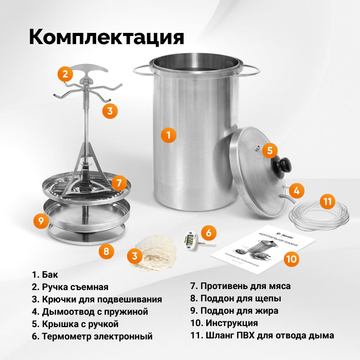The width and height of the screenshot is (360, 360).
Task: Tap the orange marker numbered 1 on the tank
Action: pyautogui.click(x=168, y=135)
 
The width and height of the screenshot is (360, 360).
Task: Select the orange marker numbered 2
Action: pyautogui.click(x=64, y=75)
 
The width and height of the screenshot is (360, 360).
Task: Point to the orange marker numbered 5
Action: pyautogui.click(x=269, y=151)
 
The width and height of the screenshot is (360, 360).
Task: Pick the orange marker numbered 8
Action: pyautogui.click(x=106, y=251)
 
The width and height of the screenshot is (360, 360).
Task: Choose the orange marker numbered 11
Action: pyautogui.click(x=327, y=201)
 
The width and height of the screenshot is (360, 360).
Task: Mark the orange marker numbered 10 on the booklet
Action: pyautogui.click(x=292, y=259)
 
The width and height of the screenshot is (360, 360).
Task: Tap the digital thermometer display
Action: pyautogui.click(x=190, y=240)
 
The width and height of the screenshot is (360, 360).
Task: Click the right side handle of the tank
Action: pyautogui.click(x=251, y=69)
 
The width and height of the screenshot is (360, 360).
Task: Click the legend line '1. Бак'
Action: pyautogui.click(x=45, y=275)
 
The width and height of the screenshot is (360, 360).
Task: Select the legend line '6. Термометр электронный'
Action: pyautogui.click(x=92, y=337)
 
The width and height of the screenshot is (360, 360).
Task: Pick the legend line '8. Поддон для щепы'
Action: pyautogui.click(x=236, y=298)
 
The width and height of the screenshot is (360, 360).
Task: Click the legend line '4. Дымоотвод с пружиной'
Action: pyautogui.click(x=89, y=312)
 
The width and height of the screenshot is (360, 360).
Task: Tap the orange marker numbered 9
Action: pyautogui.click(x=41, y=221)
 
